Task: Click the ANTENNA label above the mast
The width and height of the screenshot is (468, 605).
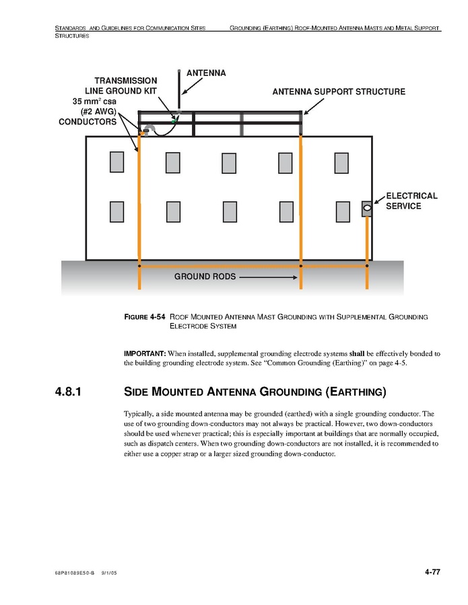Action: pos(205,73)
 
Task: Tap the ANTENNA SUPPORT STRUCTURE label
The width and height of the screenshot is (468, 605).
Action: pos(339,92)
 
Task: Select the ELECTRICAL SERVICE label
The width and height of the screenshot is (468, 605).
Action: pos(411,201)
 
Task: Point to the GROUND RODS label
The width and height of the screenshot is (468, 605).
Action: pos(205,277)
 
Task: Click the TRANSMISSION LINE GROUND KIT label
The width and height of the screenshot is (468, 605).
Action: pos(121,85)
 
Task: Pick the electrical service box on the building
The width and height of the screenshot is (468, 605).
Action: pos(367,209)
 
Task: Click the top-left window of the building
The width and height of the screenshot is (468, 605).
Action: pos(117,162)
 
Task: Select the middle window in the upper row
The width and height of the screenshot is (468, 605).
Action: pos(229,162)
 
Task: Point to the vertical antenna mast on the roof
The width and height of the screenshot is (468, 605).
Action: pos(178,91)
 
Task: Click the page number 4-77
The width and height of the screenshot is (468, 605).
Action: pos(432,572)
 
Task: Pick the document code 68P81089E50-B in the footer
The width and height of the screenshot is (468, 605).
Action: pos(75,573)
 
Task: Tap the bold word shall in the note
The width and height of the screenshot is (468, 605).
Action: pos(356,353)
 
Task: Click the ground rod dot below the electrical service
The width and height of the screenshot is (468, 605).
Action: pos(367,266)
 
